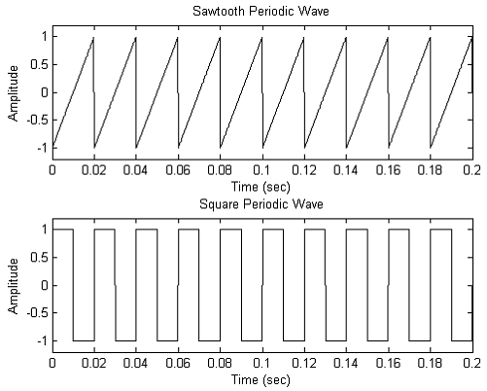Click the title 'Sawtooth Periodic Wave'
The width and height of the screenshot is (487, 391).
(x=262, y=11)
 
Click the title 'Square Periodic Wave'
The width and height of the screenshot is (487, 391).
(x=262, y=204)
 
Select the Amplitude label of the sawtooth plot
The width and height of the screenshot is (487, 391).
(x=14, y=92)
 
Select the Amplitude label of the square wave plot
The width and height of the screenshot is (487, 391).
(x=14, y=286)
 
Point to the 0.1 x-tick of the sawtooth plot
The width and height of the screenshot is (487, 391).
(x=262, y=168)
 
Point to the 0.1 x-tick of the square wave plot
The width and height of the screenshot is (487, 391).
(x=262, y=362)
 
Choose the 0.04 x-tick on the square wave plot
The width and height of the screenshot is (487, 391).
(x=136, y=362)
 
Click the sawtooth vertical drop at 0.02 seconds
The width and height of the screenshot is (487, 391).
(x=94, y=92)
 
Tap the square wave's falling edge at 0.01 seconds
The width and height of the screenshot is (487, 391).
(x=73, y=286)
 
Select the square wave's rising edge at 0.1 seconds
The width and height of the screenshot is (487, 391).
(x=262, y=286)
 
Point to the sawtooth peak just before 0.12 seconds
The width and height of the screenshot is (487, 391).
(x=303, y=39)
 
